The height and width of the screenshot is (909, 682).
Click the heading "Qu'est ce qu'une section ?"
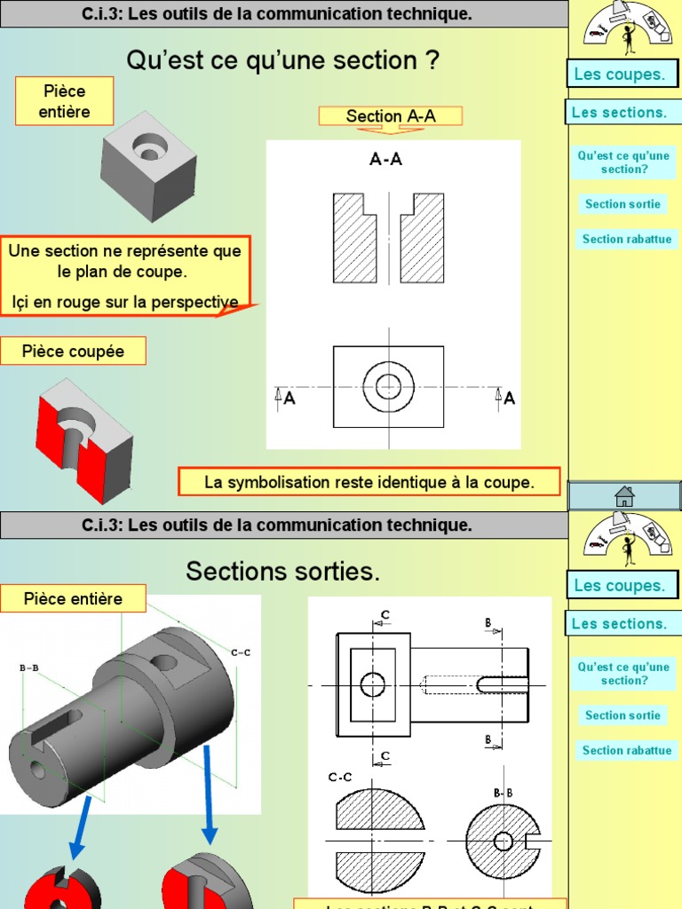(283, 60)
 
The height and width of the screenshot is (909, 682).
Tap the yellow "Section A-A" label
(391, 116)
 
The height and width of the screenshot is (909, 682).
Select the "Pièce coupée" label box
(73, 352)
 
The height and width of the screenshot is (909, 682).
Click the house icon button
(624, 495)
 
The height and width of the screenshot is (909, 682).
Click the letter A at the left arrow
(289, 399)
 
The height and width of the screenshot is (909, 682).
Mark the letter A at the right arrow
(509, 399)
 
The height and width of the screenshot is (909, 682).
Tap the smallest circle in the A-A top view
(388, 386)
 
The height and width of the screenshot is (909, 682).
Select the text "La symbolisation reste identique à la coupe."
(369, 483)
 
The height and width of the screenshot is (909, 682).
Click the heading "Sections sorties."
(282, 573)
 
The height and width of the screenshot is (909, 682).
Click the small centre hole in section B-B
(504, 840)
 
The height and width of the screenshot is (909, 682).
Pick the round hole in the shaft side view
(372, 684)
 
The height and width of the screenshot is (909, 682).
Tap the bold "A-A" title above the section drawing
(386, 160)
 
